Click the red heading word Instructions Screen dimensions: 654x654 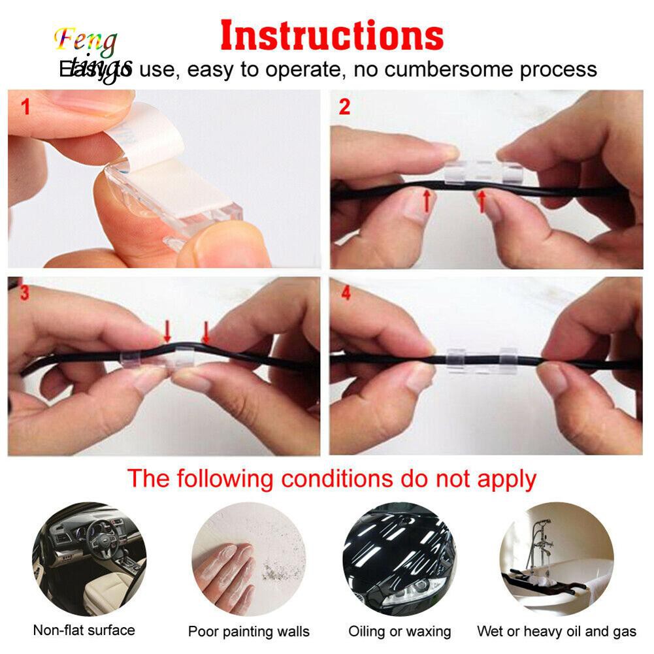(x=333, y=36)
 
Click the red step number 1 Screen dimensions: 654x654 (x=25, y=107)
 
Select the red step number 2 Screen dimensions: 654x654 (x=344, y=107)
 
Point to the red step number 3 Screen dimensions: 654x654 (x=25, y=294)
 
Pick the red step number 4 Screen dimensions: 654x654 (x=346, y=294)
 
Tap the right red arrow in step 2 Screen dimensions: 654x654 (x=483, y=200)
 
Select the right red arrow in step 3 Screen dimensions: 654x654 (x=206, y=331)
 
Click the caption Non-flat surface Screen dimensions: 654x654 (x=84, y=630)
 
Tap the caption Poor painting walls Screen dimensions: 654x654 (x=248, y=632)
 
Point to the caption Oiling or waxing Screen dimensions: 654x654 (x=399, y=632)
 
